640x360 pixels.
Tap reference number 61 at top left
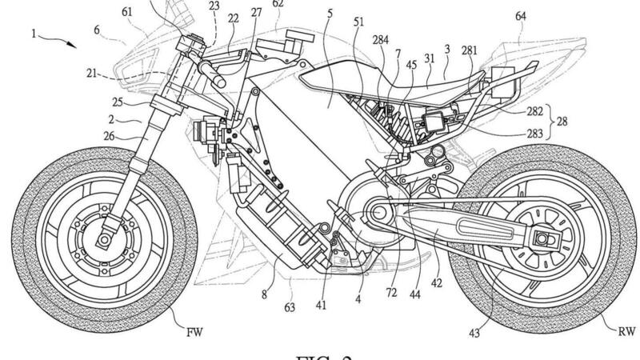pyautogui.click(x=128, y=13)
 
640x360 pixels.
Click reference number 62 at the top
pyautogui.click(x=278, y=5)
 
